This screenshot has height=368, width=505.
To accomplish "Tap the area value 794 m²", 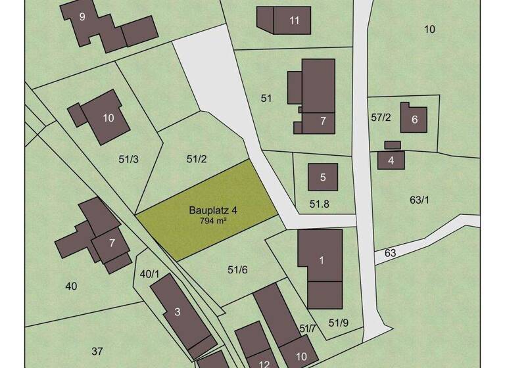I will click(213, 221).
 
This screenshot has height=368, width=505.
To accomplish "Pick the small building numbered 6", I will click(414, 119).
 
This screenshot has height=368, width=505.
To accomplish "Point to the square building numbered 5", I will click(323, 177).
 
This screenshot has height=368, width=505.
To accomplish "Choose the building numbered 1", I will click(321, 261).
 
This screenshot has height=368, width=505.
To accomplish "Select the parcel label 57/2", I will click(381, 118).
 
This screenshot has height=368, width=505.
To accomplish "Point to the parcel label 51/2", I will click(197, 158).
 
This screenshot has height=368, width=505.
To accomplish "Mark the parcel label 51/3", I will click(128, 158).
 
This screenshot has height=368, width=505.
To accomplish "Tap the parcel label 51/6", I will click(237, 269).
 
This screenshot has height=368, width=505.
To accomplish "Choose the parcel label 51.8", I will click(319, 204).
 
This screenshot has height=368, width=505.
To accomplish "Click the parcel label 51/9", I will click(338, 322).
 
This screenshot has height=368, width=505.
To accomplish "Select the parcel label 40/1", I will click(149, 274).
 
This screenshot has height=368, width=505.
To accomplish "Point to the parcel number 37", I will click(97, 351).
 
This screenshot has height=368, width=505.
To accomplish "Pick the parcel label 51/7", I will click(308, 328).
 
